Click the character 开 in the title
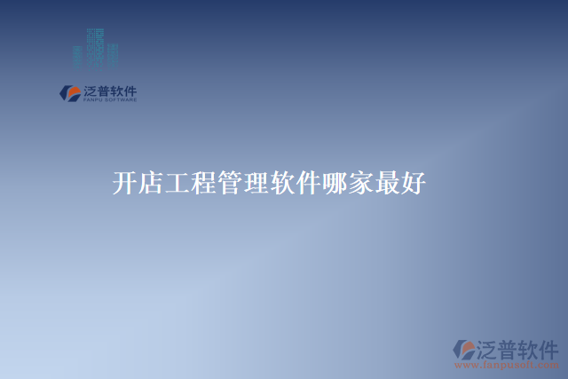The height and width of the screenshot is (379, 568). (x=125, y=184)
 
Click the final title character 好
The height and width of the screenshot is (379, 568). (x=414, y=184)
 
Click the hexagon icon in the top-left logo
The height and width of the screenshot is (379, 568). (x=68, y=92)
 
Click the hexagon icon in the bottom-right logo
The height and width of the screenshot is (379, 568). (x=464, y=349)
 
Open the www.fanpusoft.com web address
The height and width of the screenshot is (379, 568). (x=506, y=365)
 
